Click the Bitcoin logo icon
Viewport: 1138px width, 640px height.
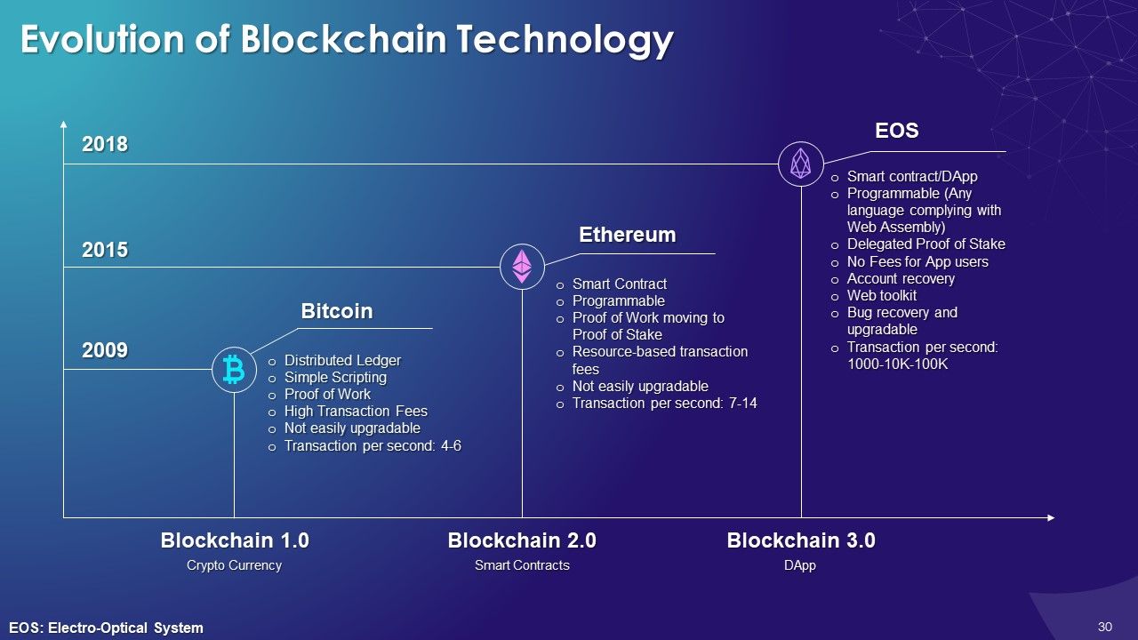[x=234, y=369]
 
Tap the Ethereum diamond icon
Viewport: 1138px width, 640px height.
[x=522, y=266]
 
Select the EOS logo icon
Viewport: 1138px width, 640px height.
[x=800, y=164]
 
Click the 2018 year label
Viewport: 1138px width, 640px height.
[x=105, y=145]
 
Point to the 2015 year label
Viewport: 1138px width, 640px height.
[x=105, y=251]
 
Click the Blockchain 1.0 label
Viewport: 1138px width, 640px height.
[x=235, y=540]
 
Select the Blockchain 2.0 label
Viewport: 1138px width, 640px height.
[x=522, y=540]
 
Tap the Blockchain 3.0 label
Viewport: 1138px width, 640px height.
[x=801, y=540]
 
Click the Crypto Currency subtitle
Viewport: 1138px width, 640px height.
[x=234, y=565]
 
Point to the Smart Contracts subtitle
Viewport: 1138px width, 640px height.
[x=522, y=565]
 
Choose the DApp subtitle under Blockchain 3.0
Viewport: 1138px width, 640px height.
[x=801, y=565]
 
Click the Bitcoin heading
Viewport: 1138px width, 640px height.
[x=337, y=311]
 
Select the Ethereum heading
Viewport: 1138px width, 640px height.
[x=628, y=235]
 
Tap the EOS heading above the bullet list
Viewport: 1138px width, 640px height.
[x=896, y=131]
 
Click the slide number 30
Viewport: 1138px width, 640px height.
[x=1105, y=627]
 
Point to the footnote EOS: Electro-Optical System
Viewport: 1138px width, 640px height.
[x=107, y=628]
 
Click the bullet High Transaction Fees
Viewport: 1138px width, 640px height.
[x=356, y=412]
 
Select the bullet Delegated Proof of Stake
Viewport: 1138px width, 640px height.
[x=926, y=244]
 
